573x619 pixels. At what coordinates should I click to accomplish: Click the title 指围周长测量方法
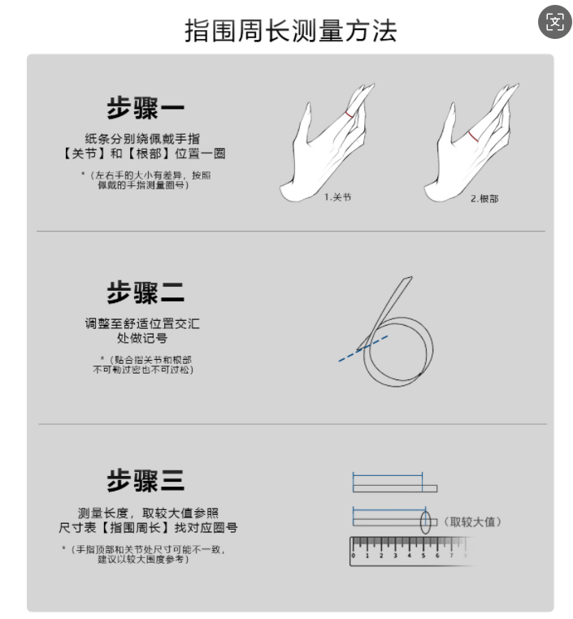point(291,31)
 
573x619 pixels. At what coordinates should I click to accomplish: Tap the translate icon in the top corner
point(555,22)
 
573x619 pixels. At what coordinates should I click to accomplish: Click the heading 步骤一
point(145,108)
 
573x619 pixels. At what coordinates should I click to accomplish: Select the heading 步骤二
point(145,292)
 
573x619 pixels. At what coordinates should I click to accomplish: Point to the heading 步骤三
point(145,480)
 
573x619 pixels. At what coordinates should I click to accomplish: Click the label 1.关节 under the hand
point(337,197)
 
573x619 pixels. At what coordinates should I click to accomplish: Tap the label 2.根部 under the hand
point(484,198)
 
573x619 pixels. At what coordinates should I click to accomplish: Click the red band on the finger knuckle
point(349,115)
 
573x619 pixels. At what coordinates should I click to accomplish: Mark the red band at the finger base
point(473,136)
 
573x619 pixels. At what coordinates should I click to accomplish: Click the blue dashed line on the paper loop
point(363,348)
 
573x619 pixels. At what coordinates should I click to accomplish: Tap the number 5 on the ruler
point(423,556)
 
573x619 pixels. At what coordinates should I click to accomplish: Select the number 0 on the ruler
point(354,556)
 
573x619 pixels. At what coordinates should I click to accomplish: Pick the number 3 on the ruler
point(395,556)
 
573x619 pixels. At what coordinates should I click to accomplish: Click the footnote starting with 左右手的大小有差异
point(145,180)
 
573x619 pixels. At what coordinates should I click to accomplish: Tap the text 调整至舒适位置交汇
point(142,323)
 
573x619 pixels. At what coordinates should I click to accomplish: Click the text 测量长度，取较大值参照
point(148,513)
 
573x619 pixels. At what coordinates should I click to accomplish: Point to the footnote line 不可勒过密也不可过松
point(143,370)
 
